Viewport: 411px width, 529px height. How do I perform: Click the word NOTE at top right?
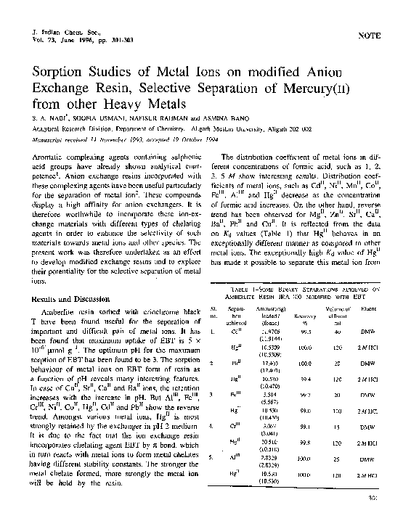tap(370, 36)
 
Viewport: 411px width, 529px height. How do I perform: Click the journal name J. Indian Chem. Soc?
tap(61, 33)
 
